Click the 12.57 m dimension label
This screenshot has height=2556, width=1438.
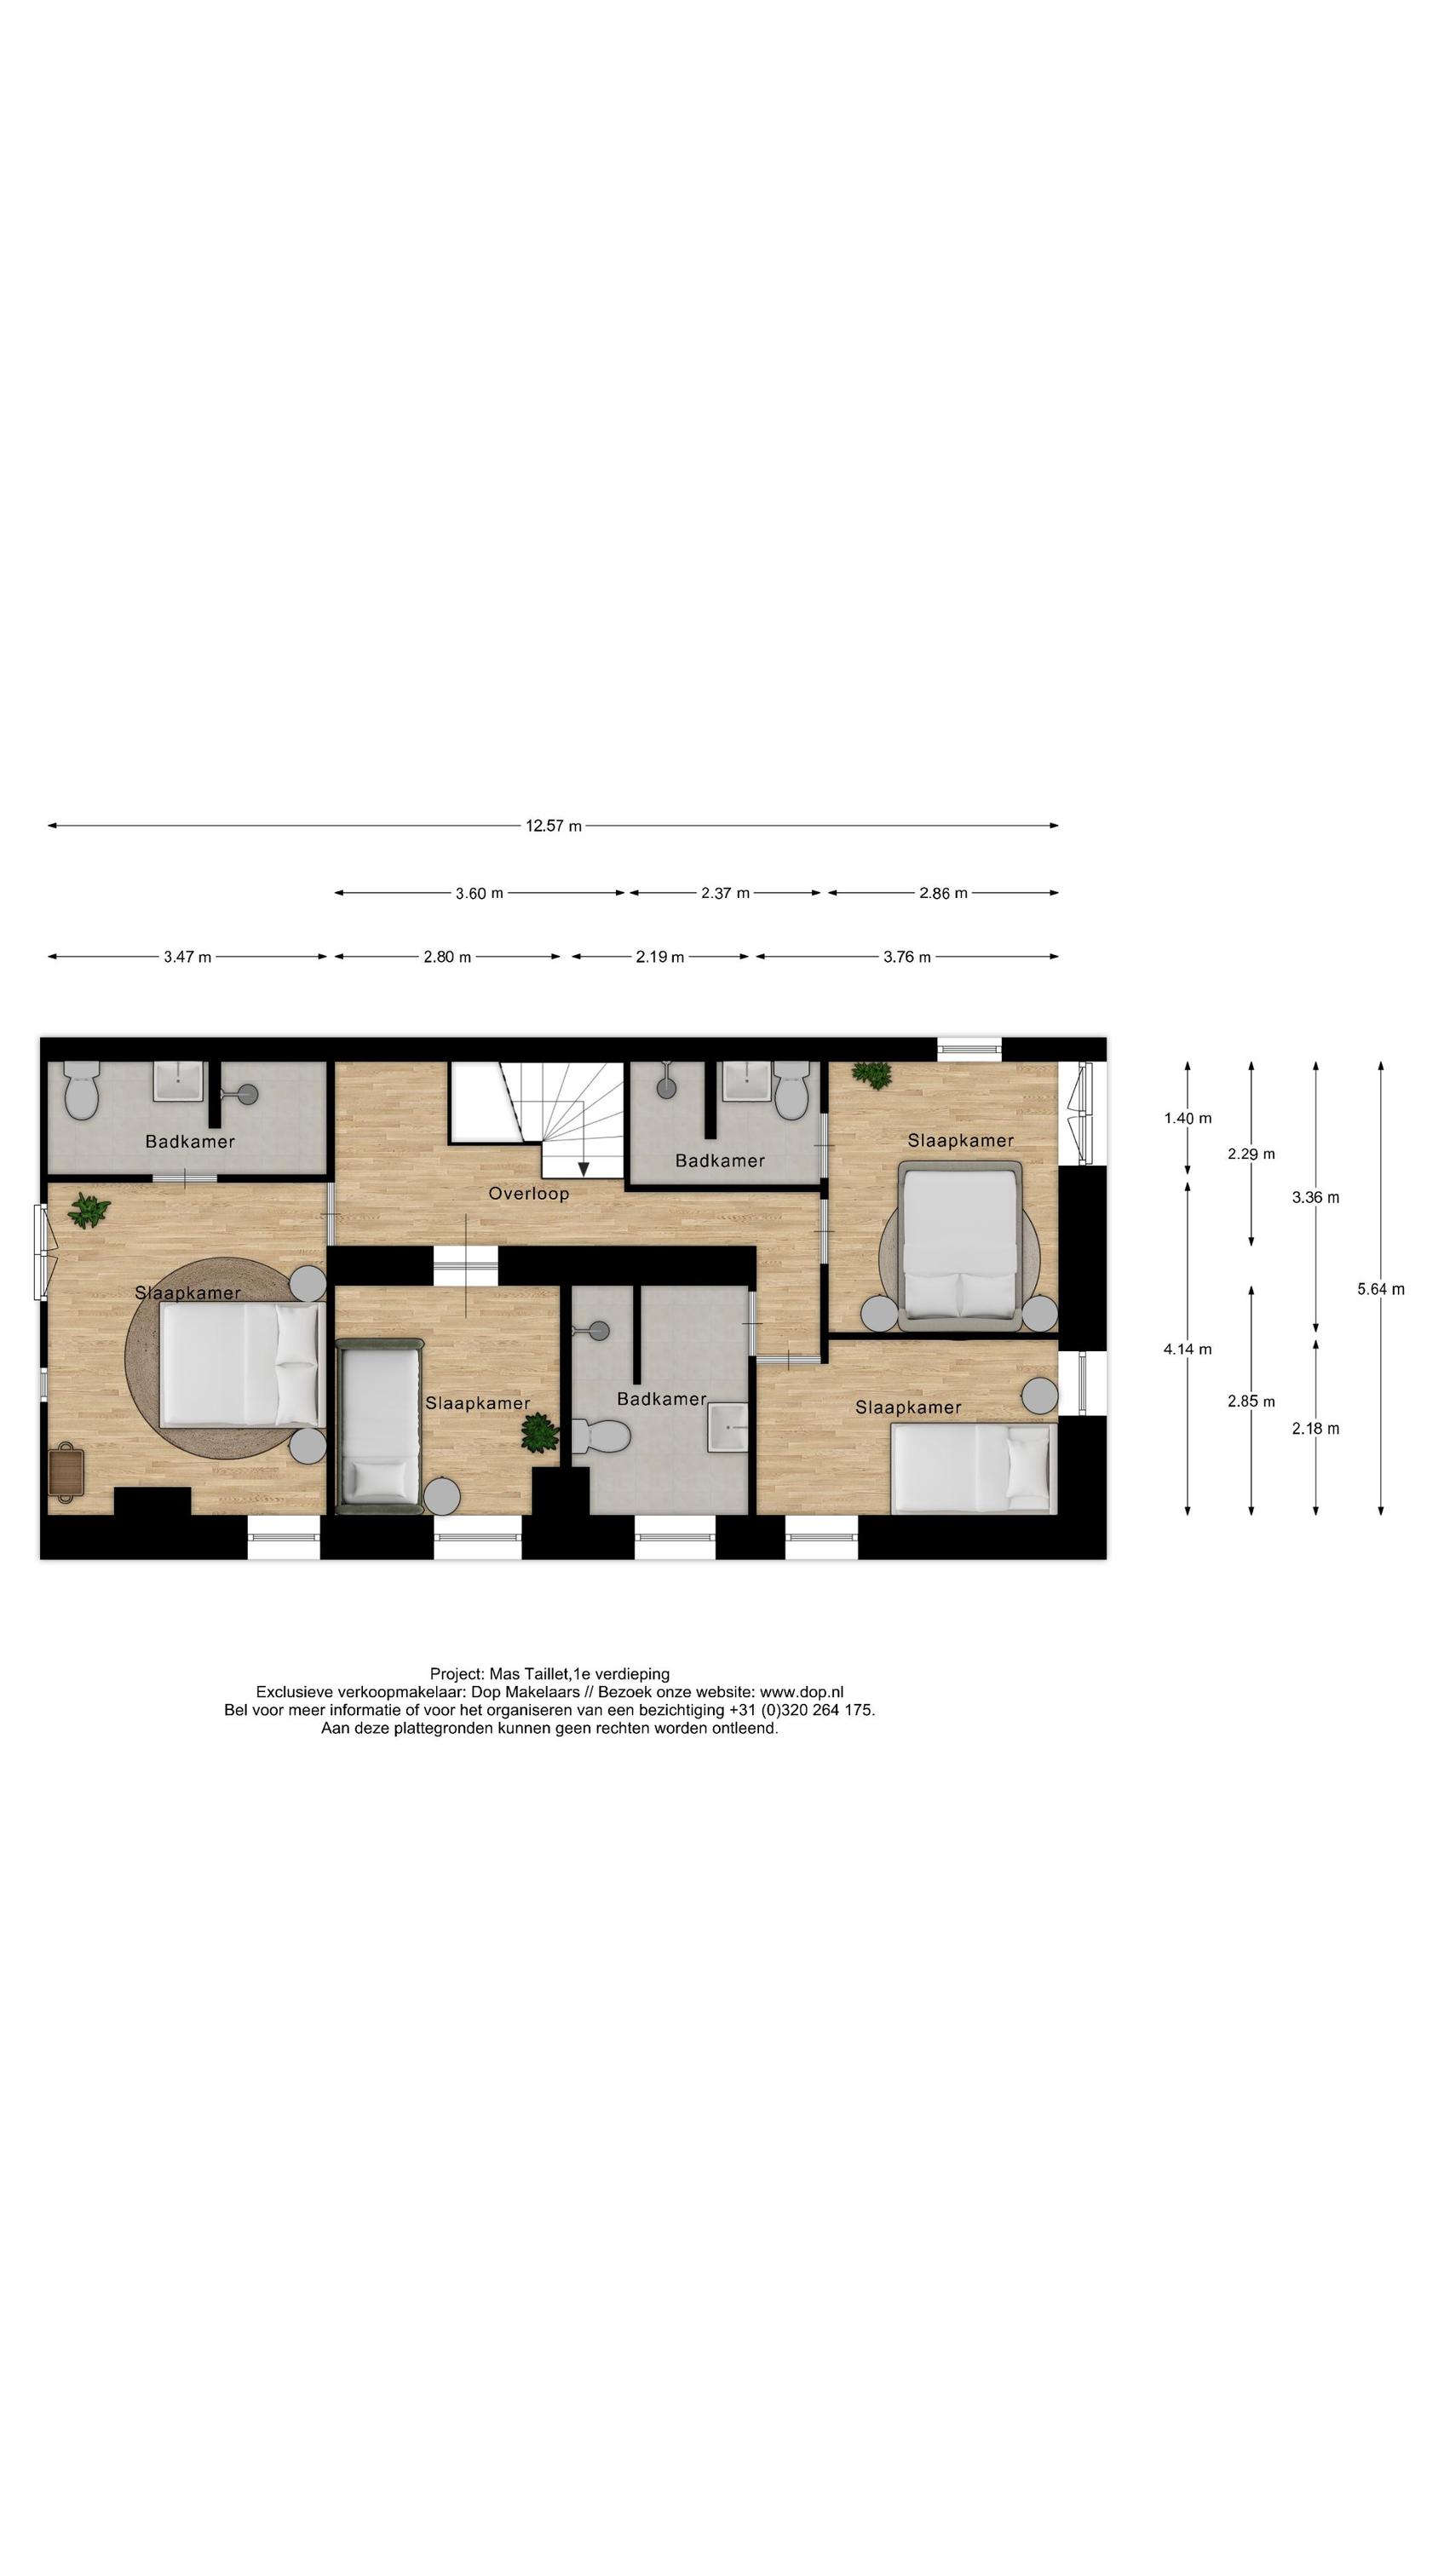tap(553, 826)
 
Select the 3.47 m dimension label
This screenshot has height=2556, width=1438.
tap(187, 957)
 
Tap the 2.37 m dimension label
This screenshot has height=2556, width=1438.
tap(724, 893)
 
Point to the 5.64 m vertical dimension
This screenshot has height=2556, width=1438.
tap(1379, 1289)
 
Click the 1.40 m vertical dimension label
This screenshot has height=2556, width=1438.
tap(1187, 1118)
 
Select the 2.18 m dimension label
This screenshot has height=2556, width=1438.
tap(1315, 1428)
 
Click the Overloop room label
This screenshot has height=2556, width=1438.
tap(528, 1194)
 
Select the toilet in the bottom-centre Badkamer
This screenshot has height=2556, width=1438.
tap(603, 1435)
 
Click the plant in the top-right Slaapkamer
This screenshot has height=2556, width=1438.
tap(872, 1074)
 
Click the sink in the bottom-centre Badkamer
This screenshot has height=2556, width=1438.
tap(728, 1427)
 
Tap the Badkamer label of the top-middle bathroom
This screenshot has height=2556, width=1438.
tap(720, 1160)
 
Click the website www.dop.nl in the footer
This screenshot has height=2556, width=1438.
tap(801, 1693)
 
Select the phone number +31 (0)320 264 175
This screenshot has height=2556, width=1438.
tap(800, 1710)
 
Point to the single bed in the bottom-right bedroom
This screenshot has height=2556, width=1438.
tap(970, 1467)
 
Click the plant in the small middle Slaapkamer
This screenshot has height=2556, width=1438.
tap(540, 1434)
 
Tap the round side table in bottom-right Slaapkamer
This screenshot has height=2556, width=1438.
tap(1039, 1395)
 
